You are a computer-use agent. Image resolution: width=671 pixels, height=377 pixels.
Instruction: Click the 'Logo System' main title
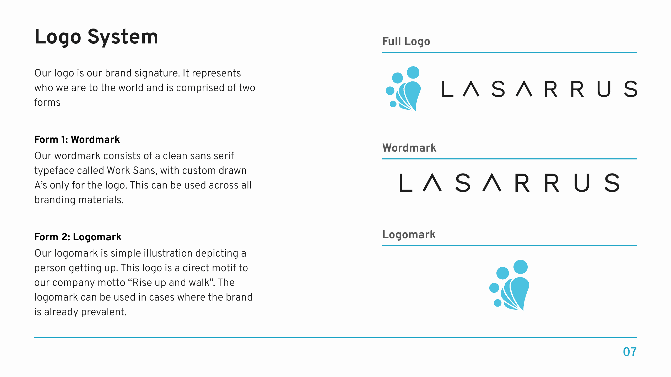[x=96, y=37]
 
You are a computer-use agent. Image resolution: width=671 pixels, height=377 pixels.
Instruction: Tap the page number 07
[x=630, y=352]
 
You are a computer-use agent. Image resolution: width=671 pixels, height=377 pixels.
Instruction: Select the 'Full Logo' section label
[x=406, y=41]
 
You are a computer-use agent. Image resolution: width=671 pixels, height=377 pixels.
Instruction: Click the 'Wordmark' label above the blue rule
[x=409, y=148]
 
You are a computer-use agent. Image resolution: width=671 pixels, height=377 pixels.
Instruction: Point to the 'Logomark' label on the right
[x=409, y=235]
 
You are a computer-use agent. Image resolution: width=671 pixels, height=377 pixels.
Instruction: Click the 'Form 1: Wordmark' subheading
[x=77, y=140]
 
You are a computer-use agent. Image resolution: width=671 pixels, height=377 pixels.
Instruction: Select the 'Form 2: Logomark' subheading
[x=78, y=237]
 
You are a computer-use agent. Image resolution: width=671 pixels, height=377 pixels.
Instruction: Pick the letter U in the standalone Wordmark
[x=582, y=183]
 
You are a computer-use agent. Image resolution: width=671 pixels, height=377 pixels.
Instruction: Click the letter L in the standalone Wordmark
[x=405, y=183]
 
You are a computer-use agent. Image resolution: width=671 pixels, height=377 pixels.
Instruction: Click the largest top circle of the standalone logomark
[x=520, y=267]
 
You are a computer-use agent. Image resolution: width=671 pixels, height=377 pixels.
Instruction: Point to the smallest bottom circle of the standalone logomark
[x=497, y=303]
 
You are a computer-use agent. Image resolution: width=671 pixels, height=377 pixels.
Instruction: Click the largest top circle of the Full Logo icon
[x=413, y=73]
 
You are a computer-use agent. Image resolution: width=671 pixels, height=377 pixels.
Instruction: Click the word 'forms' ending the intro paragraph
[x=47, y=102]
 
